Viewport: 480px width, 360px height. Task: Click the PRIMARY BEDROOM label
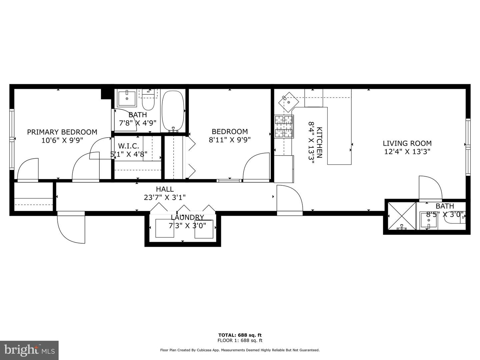[x=62, y=132]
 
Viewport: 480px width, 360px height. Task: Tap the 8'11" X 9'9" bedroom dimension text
[x=230, y=140]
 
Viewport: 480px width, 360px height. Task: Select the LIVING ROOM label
[x=407, y=143]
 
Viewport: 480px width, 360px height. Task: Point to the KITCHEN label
[x=319, y=142]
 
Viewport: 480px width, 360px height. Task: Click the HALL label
[x=165, y=189]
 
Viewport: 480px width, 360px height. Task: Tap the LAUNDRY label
[x=187, y=218]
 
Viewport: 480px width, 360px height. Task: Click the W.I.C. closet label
[x=129, y=146]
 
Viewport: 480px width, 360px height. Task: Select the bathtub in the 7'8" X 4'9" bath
[x=173, y=111]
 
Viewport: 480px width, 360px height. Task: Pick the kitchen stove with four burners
[x=284, y=127]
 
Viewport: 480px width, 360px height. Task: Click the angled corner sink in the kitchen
[x=288, y=102]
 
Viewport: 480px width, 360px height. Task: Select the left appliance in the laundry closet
[x=165, y=229]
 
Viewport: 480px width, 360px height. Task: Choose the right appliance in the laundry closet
[x=204, y=229]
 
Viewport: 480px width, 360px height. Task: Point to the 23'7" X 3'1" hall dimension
[x=165, y=197]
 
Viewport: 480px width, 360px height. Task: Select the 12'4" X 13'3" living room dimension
[x=407, y=152]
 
